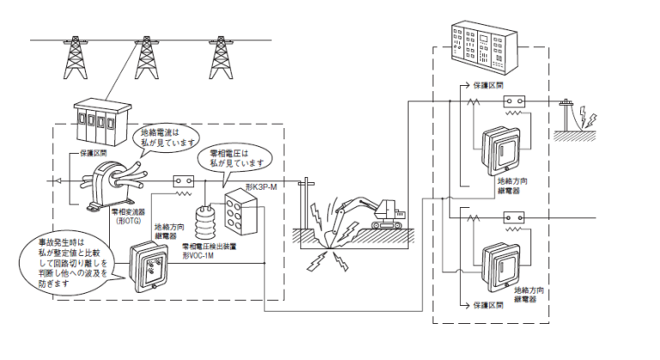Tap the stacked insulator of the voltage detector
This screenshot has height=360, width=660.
(x=205, y=226)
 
